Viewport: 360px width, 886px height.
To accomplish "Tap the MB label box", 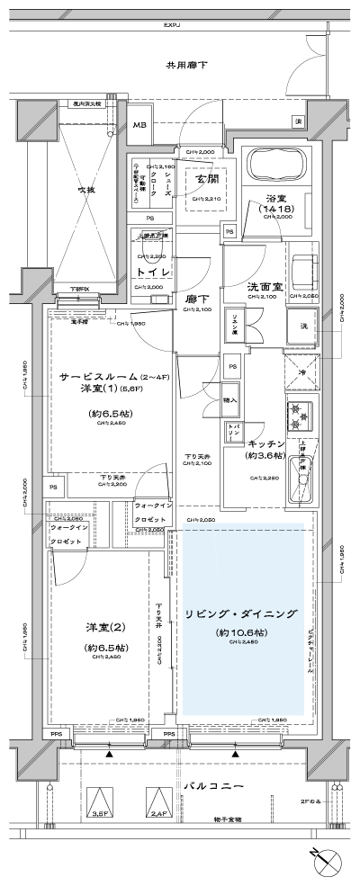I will [x=140, y=124].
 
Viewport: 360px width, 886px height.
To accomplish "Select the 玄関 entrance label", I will [x=209, y=178].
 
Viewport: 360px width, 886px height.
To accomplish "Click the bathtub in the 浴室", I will [x=276, y=166].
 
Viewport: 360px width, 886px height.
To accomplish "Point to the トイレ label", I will [x=153, y=271].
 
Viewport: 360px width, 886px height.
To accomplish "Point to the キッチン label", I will [x=265, y=444].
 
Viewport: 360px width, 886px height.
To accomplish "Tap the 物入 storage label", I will [x=231, y=398].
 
